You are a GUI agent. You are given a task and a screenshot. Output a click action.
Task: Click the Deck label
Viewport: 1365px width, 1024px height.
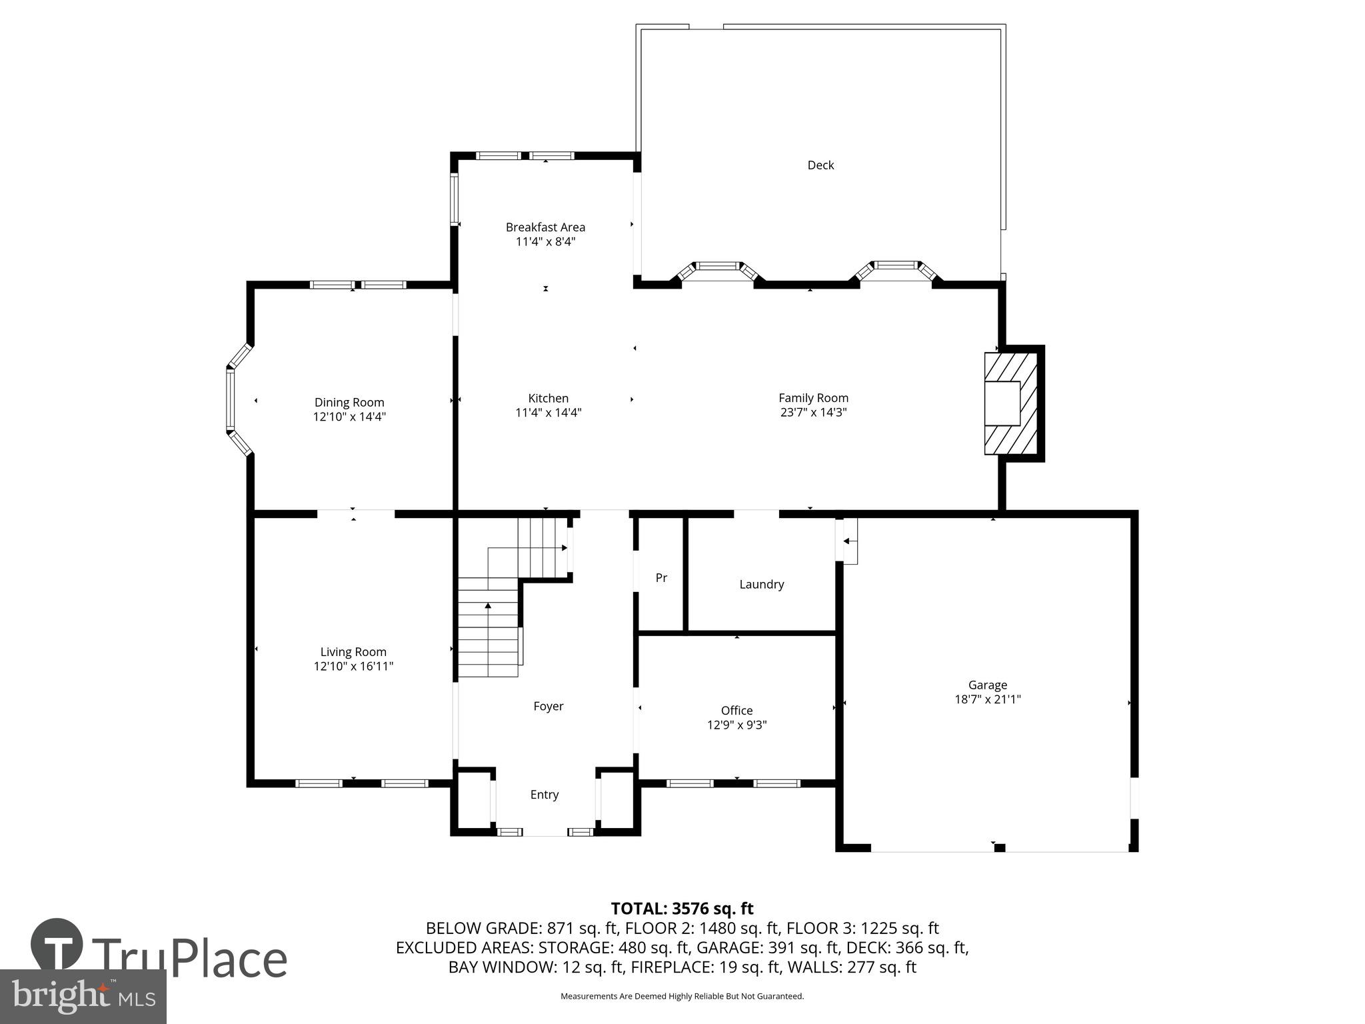pyautogui.click(x=820, y=165)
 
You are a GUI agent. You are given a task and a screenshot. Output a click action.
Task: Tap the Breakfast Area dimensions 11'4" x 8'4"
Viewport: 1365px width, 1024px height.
pyautogui.click(x=545, y=242)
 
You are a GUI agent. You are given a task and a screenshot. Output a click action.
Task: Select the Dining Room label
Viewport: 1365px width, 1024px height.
pyautogui.click(x=349, y=403)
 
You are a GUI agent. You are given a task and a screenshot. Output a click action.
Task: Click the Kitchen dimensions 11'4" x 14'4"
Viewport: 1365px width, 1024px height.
pyautogui.click(x=548, y=413)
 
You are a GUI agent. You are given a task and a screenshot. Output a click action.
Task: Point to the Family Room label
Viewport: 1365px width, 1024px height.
pyautogui.click(x=813, y=398)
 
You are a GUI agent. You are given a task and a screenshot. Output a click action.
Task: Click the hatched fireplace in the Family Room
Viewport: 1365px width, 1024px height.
pyautogui.click(x=1012, y=403)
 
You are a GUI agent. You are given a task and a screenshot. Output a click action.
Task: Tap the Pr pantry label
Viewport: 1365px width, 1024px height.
pyautogui.click(x=661, y=578)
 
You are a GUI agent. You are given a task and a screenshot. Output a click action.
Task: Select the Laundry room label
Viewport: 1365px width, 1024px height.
pyautogui.click(x=761, y=585)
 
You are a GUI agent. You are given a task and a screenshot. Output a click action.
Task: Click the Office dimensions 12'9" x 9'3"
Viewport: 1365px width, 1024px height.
pyautogui.click(x=736, y=725)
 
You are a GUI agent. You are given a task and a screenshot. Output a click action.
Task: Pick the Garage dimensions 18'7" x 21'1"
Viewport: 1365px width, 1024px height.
pyautogui.click(x=987, y=699)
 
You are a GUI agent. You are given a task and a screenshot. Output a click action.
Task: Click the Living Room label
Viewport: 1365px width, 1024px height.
pyautogui.click(x=353, y=652)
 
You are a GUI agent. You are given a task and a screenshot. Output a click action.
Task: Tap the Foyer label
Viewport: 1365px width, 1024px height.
pyautogui.click(x=548, y=706)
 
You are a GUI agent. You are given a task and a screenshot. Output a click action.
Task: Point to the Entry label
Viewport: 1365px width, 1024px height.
pyautogui.click(x=544, y=795)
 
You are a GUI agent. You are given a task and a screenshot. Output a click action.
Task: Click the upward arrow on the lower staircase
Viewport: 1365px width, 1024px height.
pyautogui.click(x=488, y=606)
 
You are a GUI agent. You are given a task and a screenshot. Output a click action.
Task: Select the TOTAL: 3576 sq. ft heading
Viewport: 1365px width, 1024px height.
pyautogui.click(x=682, y=909)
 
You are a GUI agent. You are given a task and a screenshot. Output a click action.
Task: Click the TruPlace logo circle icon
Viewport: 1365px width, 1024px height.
pyautogui.click(x=57, y=945)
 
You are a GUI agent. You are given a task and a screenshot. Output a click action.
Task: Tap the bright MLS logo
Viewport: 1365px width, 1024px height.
pyautogui.click(x=83, y=997)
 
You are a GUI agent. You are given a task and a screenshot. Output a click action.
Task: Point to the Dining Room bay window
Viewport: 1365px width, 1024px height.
pyautogui.click(x=233, y=400)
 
